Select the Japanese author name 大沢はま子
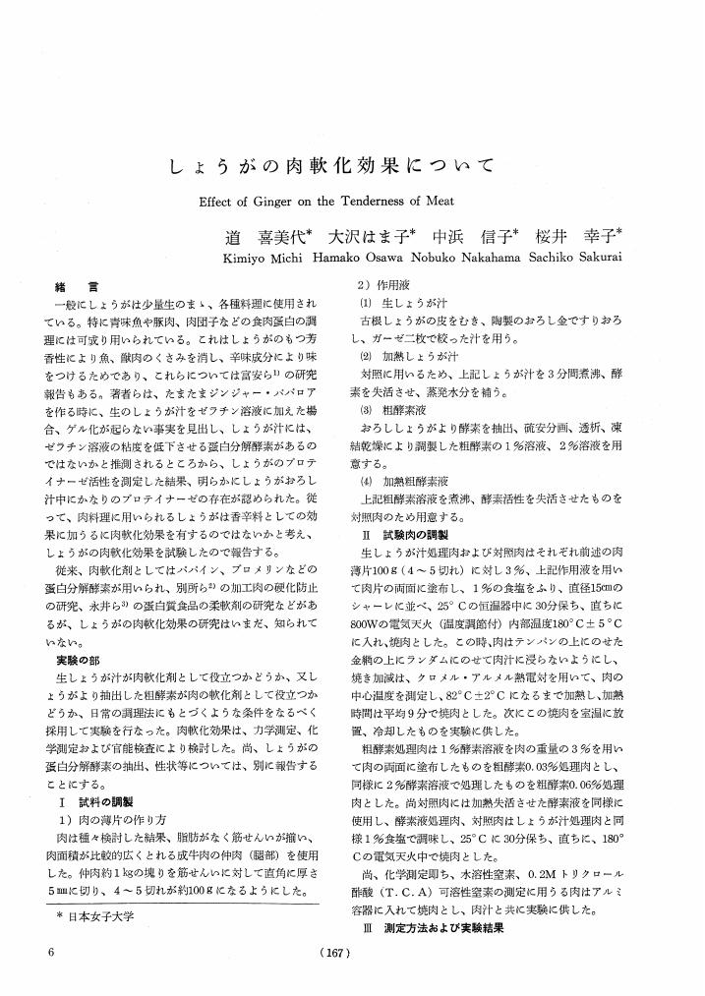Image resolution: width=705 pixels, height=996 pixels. point(373,236)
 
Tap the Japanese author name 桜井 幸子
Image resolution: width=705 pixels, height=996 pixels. point(571,236)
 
